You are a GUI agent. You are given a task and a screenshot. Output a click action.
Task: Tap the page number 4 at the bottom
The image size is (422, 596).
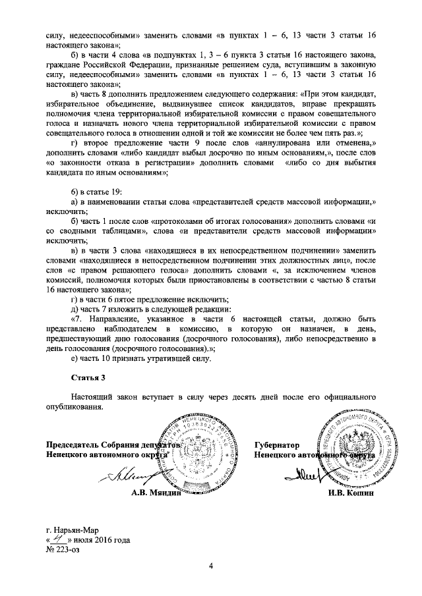211,566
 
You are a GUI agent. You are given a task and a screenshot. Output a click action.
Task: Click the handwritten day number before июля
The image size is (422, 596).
66,539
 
